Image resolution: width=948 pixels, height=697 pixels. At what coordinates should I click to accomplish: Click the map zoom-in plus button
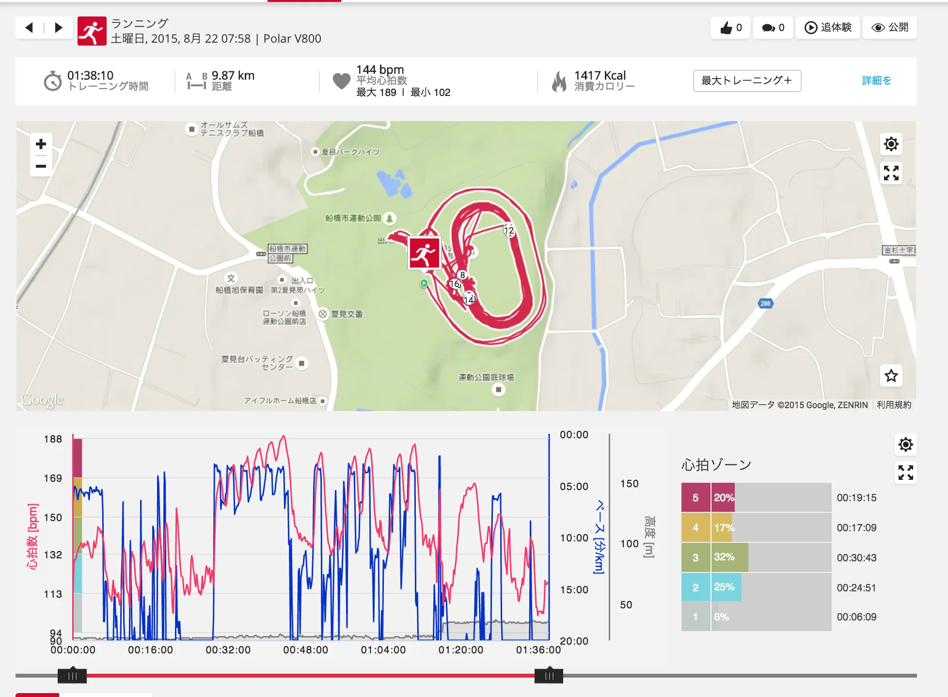(41, 144)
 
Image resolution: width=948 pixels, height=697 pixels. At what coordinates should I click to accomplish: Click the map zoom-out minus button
(41, 166)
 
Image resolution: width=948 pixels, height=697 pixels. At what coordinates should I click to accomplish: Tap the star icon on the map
(891, 376)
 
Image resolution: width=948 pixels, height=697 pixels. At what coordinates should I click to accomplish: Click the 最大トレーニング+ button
(746, 80)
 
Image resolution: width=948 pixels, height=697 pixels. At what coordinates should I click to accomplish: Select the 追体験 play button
(828, 28)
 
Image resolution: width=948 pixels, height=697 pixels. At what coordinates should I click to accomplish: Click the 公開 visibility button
(890, 28)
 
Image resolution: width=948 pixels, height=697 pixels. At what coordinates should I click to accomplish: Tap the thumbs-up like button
(730, 28)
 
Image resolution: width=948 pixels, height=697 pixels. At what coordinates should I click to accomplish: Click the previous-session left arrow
(29, 28)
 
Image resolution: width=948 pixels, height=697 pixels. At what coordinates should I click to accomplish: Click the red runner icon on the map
(425, 253)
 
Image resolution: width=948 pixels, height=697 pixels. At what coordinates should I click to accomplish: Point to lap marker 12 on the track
(508, 230)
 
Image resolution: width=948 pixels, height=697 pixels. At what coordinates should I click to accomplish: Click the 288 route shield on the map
(765, 303)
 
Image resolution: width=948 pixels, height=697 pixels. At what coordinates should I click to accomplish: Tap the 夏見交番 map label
(346, 314)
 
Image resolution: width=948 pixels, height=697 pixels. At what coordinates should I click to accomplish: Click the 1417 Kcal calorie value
(600, 76)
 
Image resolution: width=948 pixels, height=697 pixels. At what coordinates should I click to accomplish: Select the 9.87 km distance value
(233, 76)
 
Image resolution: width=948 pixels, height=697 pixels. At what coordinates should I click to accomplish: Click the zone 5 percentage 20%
(724, 498)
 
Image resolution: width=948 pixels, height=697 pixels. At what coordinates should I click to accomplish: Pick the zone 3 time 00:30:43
(856, 558)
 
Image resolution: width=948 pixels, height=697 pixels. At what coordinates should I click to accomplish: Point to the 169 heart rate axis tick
(53, 478)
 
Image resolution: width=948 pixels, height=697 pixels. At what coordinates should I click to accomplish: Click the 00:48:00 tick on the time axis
(305, 650)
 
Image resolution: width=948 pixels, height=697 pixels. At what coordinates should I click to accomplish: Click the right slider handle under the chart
(549, 676)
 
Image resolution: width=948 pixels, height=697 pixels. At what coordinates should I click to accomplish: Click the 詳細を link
(876, 80)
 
